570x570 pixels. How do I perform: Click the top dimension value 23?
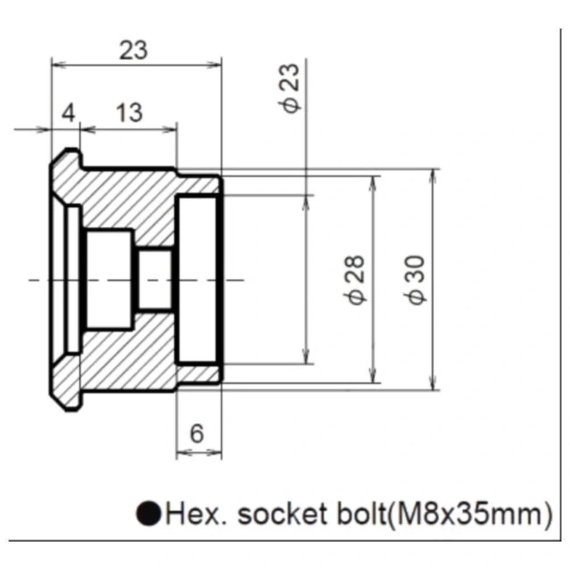[x=133, y=50]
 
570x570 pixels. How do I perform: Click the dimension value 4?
[x=68, y=113]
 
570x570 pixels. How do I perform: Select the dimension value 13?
[x=129, y=113]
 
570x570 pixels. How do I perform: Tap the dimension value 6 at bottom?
[x=197, y=433]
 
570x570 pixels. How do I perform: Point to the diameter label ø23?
[x=290, y=88]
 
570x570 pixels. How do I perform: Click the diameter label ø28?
[x=354, y=280]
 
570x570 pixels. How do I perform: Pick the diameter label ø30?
[x=415, y=280]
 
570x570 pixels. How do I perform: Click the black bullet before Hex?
[x=149, y=514]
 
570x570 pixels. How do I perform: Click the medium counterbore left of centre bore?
[x=109, y=280]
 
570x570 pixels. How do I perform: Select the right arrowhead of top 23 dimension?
[x=214, y=66]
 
